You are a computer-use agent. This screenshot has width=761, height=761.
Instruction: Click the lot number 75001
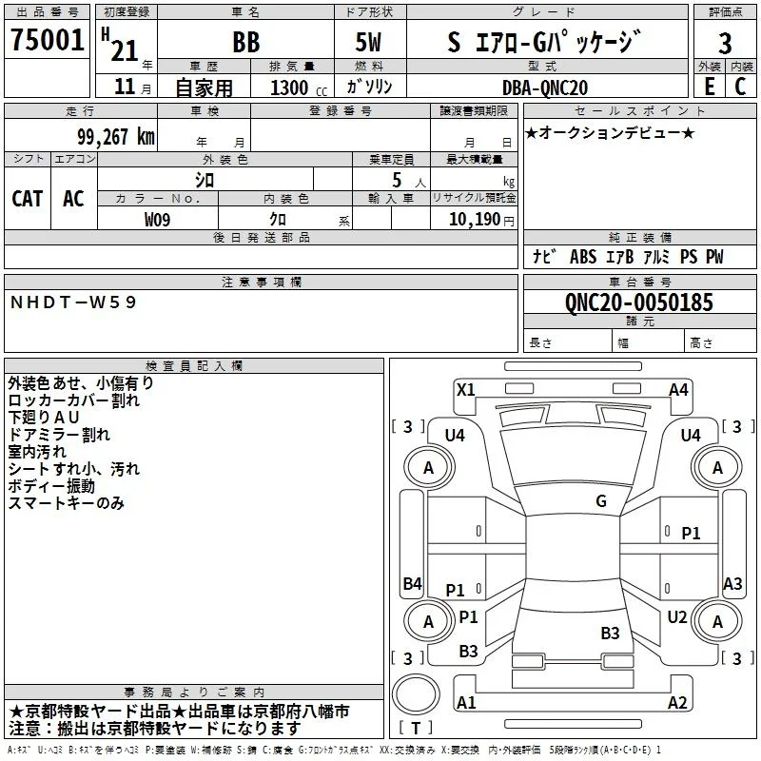(x=47, y=40)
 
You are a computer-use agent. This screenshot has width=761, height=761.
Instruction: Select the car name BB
(x=246, y=42)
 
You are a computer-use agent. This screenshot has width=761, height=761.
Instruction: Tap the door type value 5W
(x=368, y=42)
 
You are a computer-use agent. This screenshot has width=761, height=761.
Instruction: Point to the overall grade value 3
(x=725, y=43)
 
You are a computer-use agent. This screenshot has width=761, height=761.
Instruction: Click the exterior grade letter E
(x=710, y=87)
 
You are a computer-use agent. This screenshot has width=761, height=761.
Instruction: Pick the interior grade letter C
(x=740, y=87)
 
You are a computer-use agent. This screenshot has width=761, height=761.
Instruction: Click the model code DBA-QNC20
(x=544, y=88)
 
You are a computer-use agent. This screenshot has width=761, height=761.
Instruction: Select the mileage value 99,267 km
(x=115, y=137)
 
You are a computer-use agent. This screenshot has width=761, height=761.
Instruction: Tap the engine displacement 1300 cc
(x=299, y=88)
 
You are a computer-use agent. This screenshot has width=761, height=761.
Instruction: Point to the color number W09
(x=157, y=220)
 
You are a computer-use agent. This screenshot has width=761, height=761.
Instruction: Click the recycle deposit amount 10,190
(x=474, y=220)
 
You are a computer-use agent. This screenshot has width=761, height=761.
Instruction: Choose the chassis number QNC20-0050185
(x=639, y=302)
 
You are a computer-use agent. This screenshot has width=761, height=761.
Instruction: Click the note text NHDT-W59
(x=73, y=302)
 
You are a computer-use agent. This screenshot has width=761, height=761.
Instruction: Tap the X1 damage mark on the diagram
(x=466, y=390)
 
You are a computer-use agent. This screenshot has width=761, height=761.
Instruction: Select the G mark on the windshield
(x=601, y=501)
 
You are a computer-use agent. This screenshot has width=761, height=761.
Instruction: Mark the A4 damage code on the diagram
(x=678, y=390)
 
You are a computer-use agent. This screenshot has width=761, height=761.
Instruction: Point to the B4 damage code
(x=413, y=583)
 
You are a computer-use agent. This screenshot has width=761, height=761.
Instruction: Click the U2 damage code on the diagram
(x=676, y=616)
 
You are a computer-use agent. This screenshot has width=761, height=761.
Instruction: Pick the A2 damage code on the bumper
(x=677, y=702)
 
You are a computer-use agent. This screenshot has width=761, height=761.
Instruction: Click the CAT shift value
(x=28, y=199)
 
